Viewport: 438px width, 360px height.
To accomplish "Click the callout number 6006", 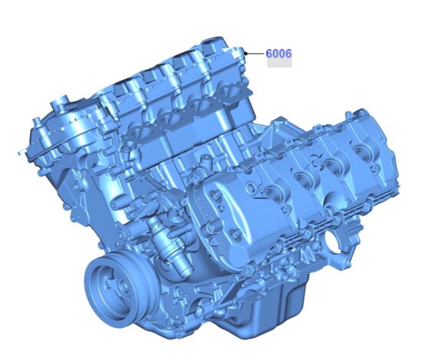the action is click(278, 54).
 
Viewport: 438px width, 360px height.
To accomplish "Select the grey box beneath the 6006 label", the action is click(280, 63).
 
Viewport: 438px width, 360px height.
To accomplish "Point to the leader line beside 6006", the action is click(256, 53).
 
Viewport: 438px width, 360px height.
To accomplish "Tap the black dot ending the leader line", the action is click(246, 53).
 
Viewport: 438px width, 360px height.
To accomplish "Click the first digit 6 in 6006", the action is click(269, 54).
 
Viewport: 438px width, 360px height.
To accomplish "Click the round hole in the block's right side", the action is click(333, 243).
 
